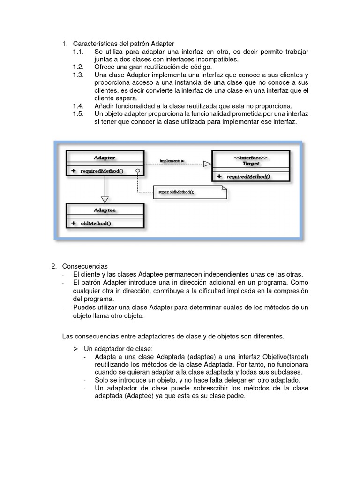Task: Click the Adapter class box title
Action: coord(105,158)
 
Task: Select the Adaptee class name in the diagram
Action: coord(105,210)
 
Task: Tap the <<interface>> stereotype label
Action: coord(251,158)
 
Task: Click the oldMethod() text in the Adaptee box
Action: coord(96,223)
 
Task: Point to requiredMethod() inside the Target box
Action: coord(248,177)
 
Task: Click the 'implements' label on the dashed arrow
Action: coord(172,161)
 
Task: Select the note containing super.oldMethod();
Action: coord(189,192)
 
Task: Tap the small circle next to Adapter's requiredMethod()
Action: coord(137,171)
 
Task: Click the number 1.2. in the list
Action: coord(78,67)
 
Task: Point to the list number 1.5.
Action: coord(78,114)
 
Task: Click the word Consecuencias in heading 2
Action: coord(85,266)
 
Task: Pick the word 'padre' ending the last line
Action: coord(236,396)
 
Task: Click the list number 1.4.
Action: coord(78,106)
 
